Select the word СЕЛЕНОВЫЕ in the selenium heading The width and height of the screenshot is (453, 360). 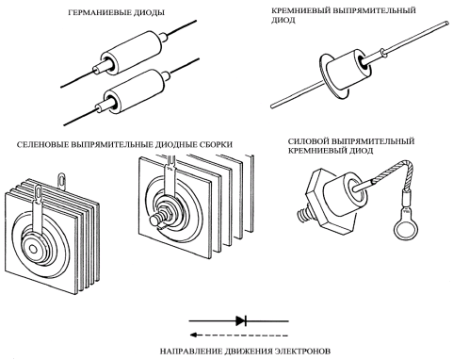click(42, 145)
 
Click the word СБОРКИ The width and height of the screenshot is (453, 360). click(216, 145)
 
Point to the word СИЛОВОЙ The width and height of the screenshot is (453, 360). click(308, 141)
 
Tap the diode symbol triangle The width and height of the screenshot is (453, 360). click(240, 320)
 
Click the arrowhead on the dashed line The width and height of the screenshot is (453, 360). click(194, 335)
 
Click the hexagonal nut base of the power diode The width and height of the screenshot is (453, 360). click(327, 201)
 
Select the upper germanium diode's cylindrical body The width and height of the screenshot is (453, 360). click(131, 52)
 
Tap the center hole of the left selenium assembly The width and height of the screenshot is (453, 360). click(33, 249)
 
